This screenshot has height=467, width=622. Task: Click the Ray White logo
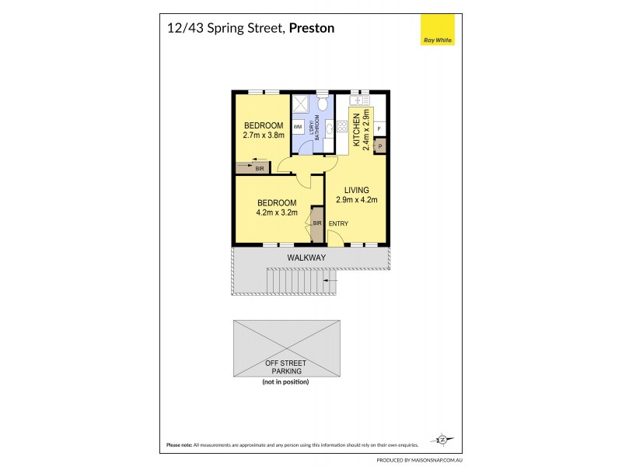pos(438,32)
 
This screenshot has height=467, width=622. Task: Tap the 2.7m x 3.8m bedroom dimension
pos(264,135)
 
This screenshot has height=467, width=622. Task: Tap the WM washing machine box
pos(298,125)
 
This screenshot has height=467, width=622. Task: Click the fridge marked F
pos(379,128)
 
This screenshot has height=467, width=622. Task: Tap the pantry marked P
pos(379,144)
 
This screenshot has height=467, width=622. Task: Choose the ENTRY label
pos(338,224)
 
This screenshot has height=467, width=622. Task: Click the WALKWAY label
pos(306,258)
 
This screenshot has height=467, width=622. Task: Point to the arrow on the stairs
pos(330,279)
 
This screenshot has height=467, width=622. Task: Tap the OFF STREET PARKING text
pos(285,367)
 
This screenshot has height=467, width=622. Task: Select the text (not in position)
pos(285,382)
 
